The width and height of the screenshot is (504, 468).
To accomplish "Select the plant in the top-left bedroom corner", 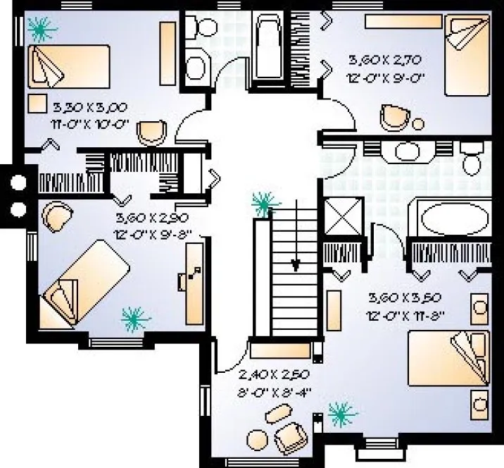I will tap(42, 30).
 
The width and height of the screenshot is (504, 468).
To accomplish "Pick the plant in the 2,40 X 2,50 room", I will tap(342, 413).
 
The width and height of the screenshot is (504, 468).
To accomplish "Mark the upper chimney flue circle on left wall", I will tap(18, 183).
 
